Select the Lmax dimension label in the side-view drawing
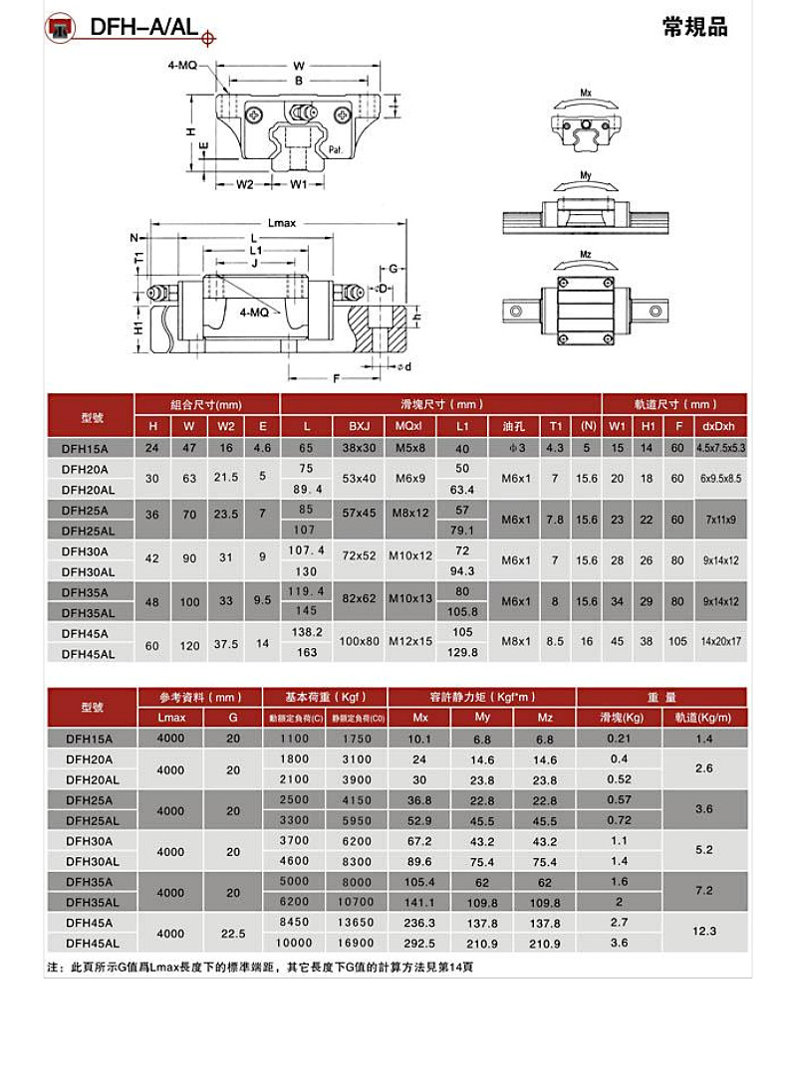coord(282,222)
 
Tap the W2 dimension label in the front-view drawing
coord(246,184)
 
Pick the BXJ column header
coord(359,427)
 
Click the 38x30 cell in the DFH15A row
coord(359,448)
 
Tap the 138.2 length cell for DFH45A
coord(307,632)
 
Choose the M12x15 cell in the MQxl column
coord(410,642)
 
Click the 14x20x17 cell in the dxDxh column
coord(720,642)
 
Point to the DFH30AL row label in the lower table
coord(92,861)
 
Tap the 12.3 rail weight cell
coord(704,933)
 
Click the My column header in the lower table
coord(482,718)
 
